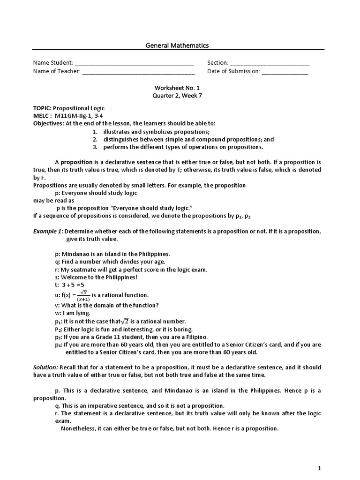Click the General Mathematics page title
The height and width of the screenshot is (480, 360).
coord(177,45)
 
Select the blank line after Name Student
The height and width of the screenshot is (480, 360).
coord(134,63)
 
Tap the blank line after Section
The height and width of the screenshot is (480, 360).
coord(270,63)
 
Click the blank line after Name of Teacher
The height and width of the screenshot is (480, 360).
coord(138,71)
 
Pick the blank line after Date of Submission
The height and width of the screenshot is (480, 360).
coord(285,71)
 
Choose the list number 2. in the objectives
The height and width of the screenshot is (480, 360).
coord(94,139)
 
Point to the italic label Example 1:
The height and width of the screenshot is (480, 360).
coord(47,232)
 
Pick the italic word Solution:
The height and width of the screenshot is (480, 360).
coord(45,367)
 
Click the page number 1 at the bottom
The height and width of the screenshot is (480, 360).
coord(319,468)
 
